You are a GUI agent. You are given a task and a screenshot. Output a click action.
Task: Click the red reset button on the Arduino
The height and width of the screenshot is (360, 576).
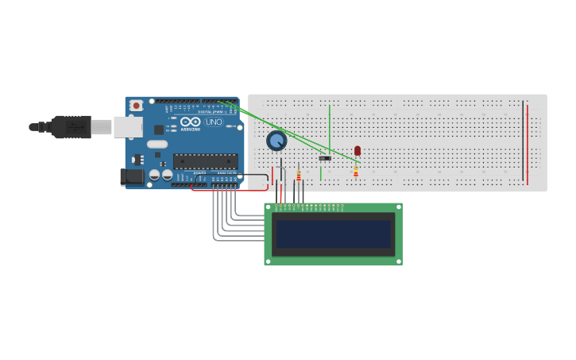pyautogui.click(x=136, y=105)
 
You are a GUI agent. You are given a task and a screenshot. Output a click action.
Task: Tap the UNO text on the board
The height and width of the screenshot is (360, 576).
pyautogui.click(x=215, y=122)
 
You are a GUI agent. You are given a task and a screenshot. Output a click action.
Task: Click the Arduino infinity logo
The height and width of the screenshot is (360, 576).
pyautogui.click(x=190, y=122)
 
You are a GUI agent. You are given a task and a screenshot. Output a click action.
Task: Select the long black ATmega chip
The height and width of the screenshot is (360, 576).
pyautogui.click(x=205, y=161)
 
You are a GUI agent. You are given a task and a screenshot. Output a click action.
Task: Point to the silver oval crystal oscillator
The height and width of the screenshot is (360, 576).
pyautogui.click(x=157, y=145)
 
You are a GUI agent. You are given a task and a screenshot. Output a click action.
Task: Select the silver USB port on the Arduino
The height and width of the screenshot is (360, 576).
pyautogui.click(x=127, y=127)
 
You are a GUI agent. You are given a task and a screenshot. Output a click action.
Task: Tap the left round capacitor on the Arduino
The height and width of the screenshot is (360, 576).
pyautogui.click(x=155, y=174)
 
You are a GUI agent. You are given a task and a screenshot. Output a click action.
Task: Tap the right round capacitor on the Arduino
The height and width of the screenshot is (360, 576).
pyautogui.click(x=167, y=174)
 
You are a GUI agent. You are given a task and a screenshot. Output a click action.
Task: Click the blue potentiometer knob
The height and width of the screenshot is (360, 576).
pyautogui.click(x=276, y=141)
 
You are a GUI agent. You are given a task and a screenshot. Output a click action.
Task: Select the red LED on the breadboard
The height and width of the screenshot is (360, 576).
pyautogui.click(x=358, y=150)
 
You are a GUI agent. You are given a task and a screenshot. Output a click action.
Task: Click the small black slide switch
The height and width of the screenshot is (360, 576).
pyautogui.click(x=325, y=158)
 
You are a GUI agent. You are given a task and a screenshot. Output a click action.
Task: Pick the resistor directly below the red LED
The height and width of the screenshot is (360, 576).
pyautogui.click(x=356, y=170)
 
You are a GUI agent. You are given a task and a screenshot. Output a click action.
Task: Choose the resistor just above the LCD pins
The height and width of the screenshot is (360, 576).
pyautogui.click(x=299, y=176)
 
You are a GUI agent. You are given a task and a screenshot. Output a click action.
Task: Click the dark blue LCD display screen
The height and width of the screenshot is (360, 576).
pyautogui.click(x=333, y=234)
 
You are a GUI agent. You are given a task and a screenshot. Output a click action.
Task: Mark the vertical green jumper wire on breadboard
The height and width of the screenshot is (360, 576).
pyautogui.click(x=330, y=127)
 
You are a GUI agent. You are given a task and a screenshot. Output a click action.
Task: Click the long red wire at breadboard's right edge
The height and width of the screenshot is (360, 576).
pyautogui.click(x=528, y=143)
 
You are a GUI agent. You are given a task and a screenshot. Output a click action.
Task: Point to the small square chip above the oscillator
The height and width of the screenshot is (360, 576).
pyautogui.click(x=158, y=130)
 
